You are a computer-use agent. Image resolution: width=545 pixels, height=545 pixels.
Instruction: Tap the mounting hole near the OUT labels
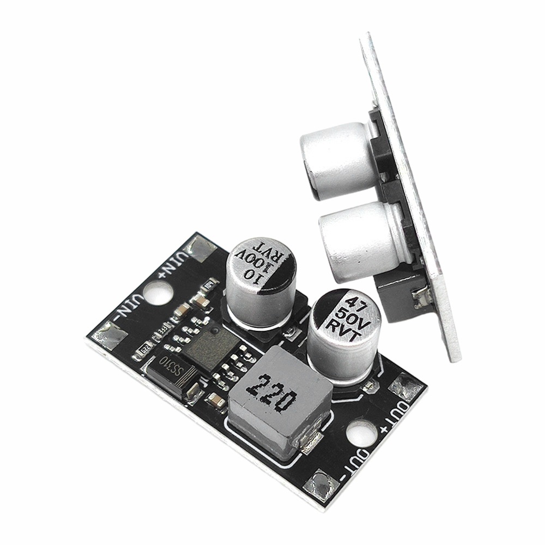(x=360, y=435)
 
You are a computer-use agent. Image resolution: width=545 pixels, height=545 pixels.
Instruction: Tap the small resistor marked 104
(x=146, y=346)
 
